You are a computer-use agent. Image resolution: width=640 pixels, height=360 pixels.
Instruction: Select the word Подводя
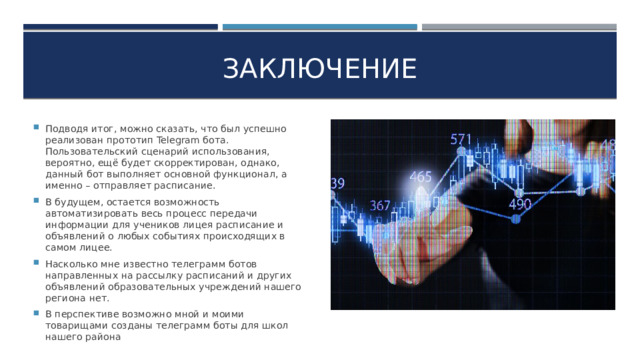[x=69, y=129]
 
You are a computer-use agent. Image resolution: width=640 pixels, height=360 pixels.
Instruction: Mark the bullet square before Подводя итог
[x=36, y=129]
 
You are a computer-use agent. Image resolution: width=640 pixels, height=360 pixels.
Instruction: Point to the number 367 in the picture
[x=380, y=205]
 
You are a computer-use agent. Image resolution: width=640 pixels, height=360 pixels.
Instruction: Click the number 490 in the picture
[x=520, y=204]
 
